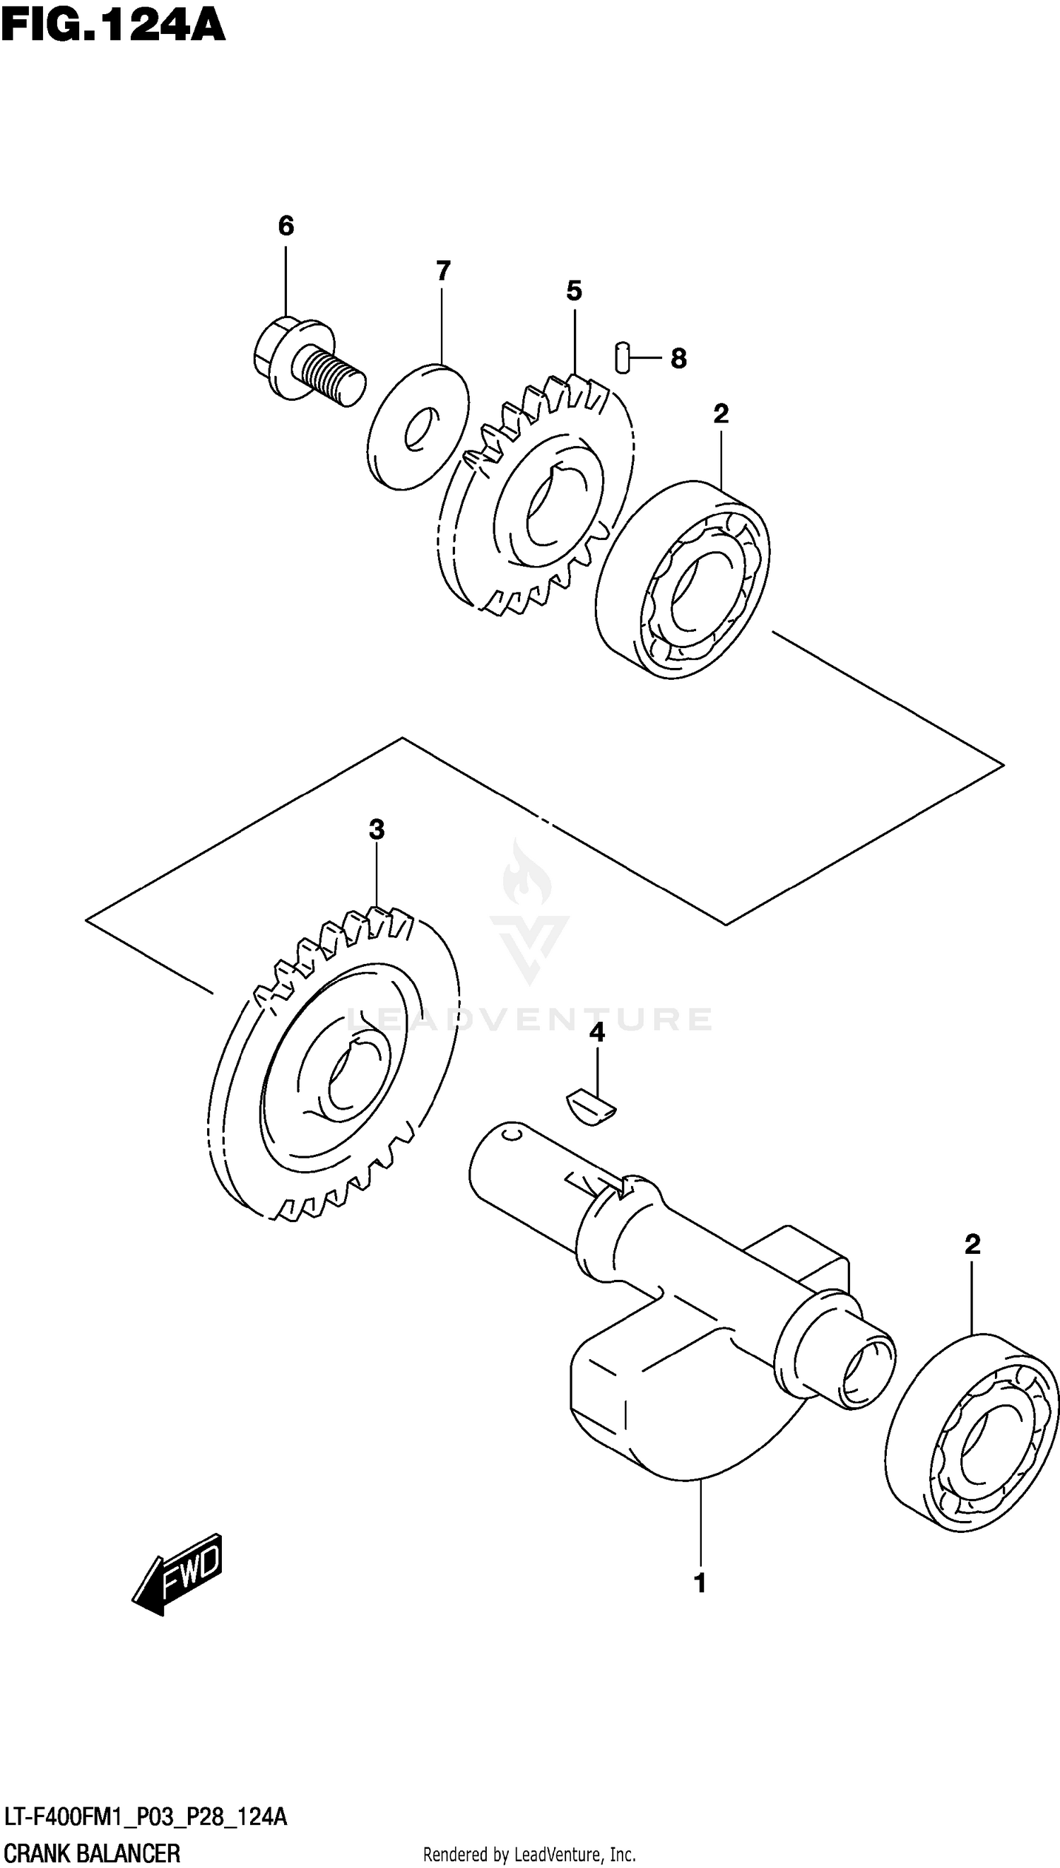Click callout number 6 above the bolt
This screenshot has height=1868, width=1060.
286,226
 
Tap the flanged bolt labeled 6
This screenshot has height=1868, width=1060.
306,363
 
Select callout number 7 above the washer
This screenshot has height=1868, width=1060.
443,271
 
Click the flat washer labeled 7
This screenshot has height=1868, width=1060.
418,427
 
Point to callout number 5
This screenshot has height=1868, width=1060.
575,291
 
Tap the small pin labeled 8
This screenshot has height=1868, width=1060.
621,357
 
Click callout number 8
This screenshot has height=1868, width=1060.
678,358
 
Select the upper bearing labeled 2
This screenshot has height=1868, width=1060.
683,581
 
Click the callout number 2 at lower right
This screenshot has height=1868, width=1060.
972,1245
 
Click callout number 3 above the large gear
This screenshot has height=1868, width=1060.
377,829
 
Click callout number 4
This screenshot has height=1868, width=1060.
597,1033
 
